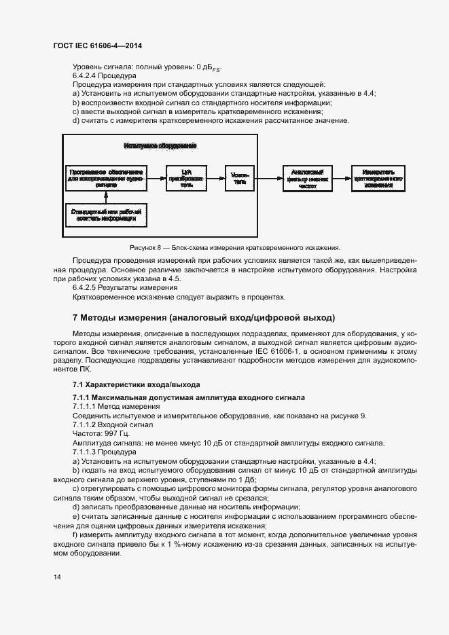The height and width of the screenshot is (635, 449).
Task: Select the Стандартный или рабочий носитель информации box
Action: pyautogui.click(x=105, y=215)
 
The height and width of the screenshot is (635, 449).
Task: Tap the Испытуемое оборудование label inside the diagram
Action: pyautogui.click(x=160, y=146)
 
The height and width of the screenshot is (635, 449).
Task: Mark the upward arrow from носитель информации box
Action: pyautogui.click(x=105, y=198)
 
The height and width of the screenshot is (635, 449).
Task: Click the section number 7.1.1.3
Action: pyautogui.click(x=88, y=452)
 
